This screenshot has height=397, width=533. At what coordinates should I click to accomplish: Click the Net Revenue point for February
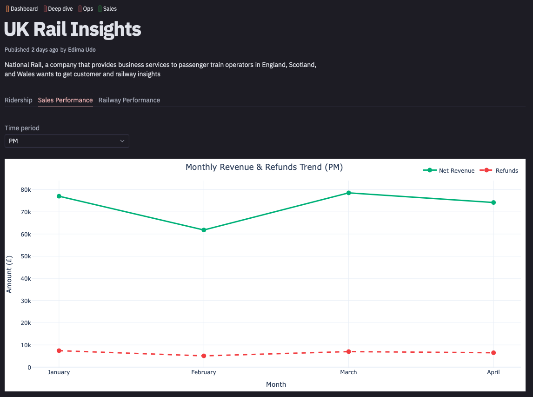pos(204,230)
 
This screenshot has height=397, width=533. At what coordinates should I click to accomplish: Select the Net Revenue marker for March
pos(348,193)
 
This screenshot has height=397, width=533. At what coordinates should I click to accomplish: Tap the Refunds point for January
pos(59,350)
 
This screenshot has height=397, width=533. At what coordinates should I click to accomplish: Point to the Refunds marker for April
pos(493,353)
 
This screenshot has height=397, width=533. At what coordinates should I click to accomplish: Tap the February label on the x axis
pos(204,372)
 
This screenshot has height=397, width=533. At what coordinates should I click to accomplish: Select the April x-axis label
pos(493,372)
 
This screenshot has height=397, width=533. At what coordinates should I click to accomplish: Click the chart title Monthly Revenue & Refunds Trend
pos(264,167)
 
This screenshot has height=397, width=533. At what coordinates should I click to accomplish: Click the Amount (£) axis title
pos(9,274)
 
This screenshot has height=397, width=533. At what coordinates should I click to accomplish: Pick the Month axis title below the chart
pos(276,384)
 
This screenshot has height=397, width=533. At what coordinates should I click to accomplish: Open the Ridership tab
pos(19,100)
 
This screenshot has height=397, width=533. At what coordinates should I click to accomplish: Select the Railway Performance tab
pos(129,100)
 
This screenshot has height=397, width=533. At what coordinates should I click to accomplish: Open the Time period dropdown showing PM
pos(67,141)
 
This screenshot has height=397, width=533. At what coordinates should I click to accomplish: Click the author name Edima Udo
pos(82,49)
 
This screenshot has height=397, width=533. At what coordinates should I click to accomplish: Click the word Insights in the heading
pos(107,29)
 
